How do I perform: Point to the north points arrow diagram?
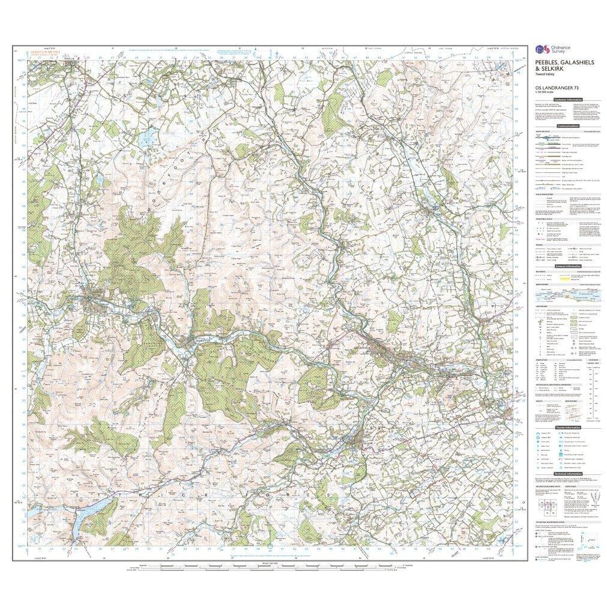pos(580,503)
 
